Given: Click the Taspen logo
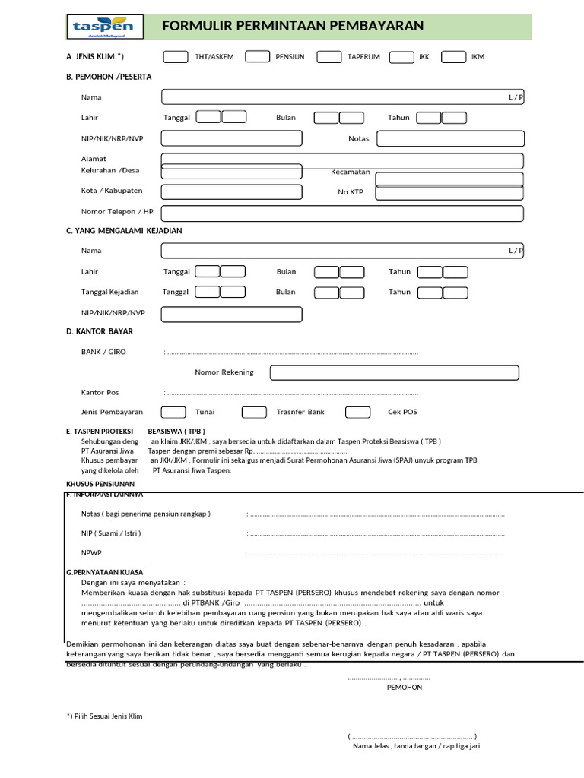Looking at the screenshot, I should click(103, 27).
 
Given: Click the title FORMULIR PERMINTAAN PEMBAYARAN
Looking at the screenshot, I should click(293, 27).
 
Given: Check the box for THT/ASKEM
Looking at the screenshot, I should click(176, 56).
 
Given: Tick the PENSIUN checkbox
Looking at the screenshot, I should click(257, 56).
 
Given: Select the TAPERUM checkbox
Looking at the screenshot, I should click(328, 56).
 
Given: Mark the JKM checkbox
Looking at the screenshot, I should click(453, 56).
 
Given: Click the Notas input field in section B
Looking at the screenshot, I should click(450, 138).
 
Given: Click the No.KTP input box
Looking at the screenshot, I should click(449, 191).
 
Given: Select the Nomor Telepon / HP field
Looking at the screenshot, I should click(342, 213).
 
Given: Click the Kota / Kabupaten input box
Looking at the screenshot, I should click(231, 191).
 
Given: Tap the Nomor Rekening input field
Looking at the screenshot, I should click(394, 372).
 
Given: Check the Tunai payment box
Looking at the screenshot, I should click(173, 412).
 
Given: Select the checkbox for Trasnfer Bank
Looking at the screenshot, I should click(254, 412).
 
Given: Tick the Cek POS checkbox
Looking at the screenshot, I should click(357, 412).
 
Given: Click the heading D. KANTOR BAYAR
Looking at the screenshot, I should click(100, 332).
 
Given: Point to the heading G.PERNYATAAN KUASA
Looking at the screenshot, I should click(105, 572).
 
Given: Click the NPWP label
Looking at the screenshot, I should click(90, 553).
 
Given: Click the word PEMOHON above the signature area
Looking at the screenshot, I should click(405, 687).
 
